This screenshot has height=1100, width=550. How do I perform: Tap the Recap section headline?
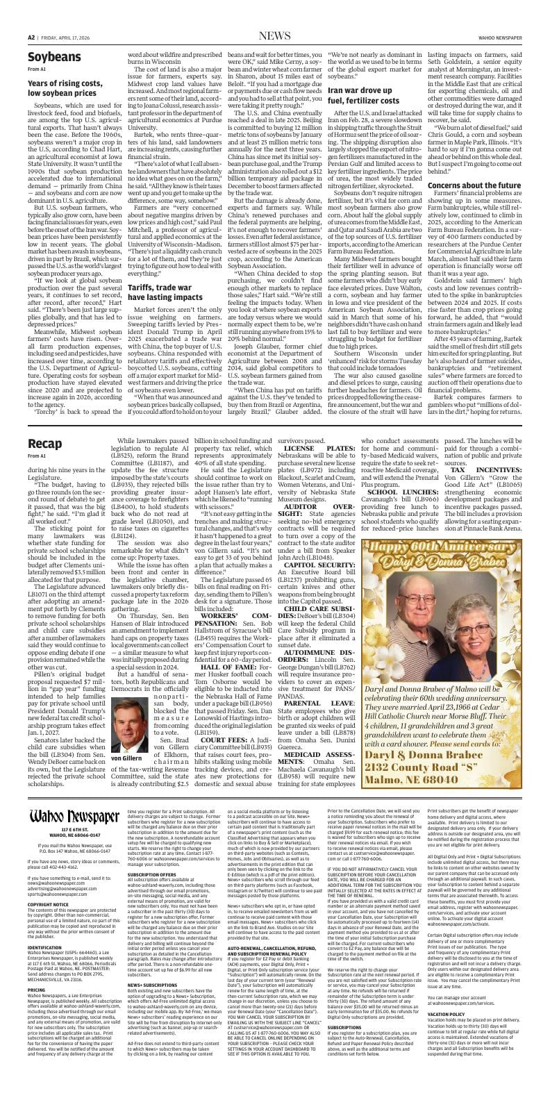coord(45,443)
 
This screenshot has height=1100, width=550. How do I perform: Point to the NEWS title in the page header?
coord(274,35)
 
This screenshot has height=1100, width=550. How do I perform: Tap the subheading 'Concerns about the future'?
coord(474,185)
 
